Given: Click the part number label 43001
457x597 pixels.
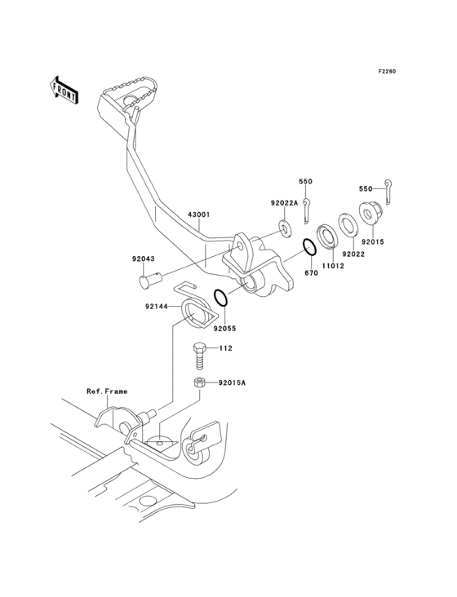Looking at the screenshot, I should click(199, 215).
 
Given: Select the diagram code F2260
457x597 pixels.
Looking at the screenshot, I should click(386, 72).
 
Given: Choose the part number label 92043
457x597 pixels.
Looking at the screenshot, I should click(144, 259).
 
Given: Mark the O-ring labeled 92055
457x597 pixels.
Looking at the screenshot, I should click(224, 298).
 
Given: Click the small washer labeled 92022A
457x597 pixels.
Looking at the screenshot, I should click(284, 225).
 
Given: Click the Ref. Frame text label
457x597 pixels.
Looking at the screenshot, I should click(107, 391).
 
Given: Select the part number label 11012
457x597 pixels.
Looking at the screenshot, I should click(331, 265).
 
